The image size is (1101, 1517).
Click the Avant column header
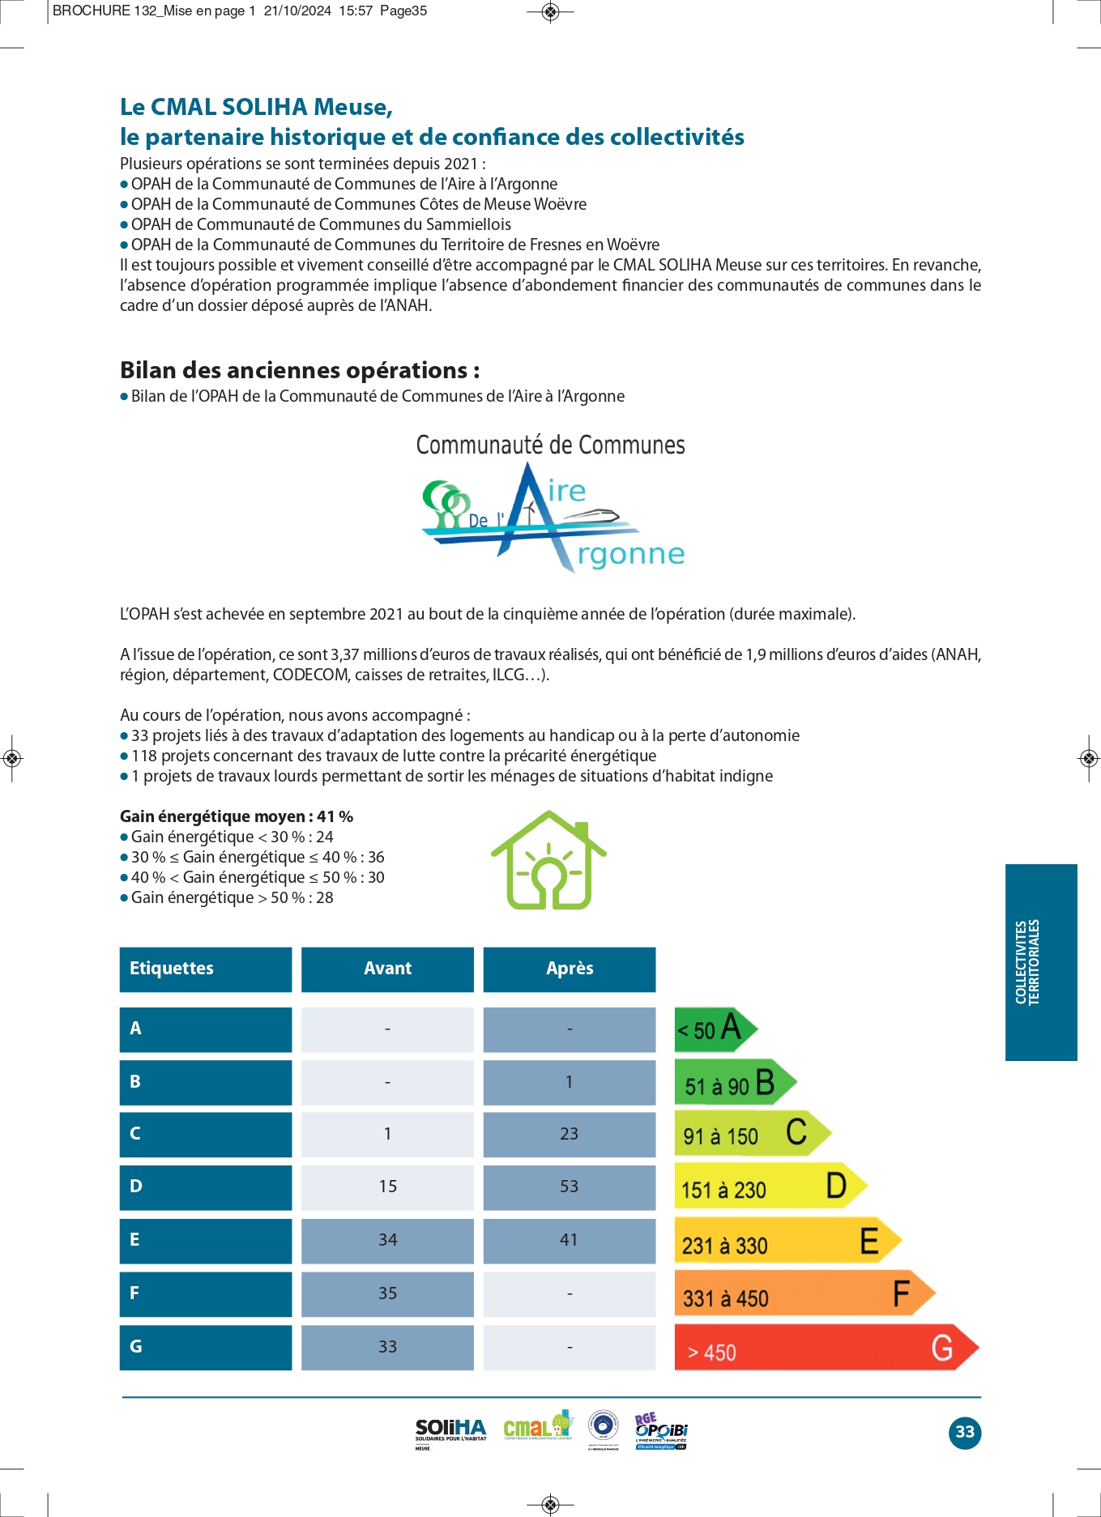(x=387, y=969)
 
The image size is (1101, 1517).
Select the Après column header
(x=569, y=969)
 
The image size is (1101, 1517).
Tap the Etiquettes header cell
(x=205, y=969)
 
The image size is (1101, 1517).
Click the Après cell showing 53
(x=569, y=1187)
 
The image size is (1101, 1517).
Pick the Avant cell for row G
(x=387, y=1347)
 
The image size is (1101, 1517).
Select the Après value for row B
(x=569, y=1082)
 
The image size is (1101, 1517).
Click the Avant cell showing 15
(x=387, y=1187)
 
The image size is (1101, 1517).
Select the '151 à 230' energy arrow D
(x=770, y=1187)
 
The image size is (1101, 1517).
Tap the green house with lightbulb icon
(x=548, y=861)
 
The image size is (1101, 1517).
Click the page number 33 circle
(x=964, y=1432)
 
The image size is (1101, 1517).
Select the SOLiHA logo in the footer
(x=450, y=1432)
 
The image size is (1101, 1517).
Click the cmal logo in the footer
(x=537, y=1427)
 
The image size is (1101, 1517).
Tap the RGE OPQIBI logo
(x=660, y=1431)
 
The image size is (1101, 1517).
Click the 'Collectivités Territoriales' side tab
(x=1040, y=962)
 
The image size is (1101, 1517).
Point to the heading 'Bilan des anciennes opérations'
(x=300, y=370)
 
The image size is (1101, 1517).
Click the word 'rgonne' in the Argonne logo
(x=631, y=554)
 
